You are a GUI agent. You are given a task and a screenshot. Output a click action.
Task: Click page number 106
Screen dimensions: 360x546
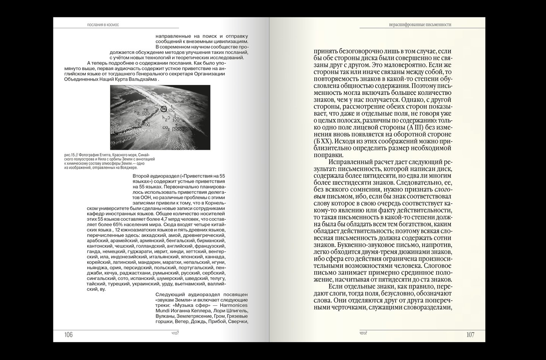pos(68,335)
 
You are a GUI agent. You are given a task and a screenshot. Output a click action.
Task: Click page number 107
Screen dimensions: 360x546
pos(470,335)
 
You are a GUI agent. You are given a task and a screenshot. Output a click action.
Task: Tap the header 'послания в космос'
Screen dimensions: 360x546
pos(103,25)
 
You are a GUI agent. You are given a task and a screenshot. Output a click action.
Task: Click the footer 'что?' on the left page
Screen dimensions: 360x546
pos(175,333)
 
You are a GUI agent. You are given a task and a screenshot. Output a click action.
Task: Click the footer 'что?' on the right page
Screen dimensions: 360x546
pos(363,333)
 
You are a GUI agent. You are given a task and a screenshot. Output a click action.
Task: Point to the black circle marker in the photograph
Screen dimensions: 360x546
pos(164,109)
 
